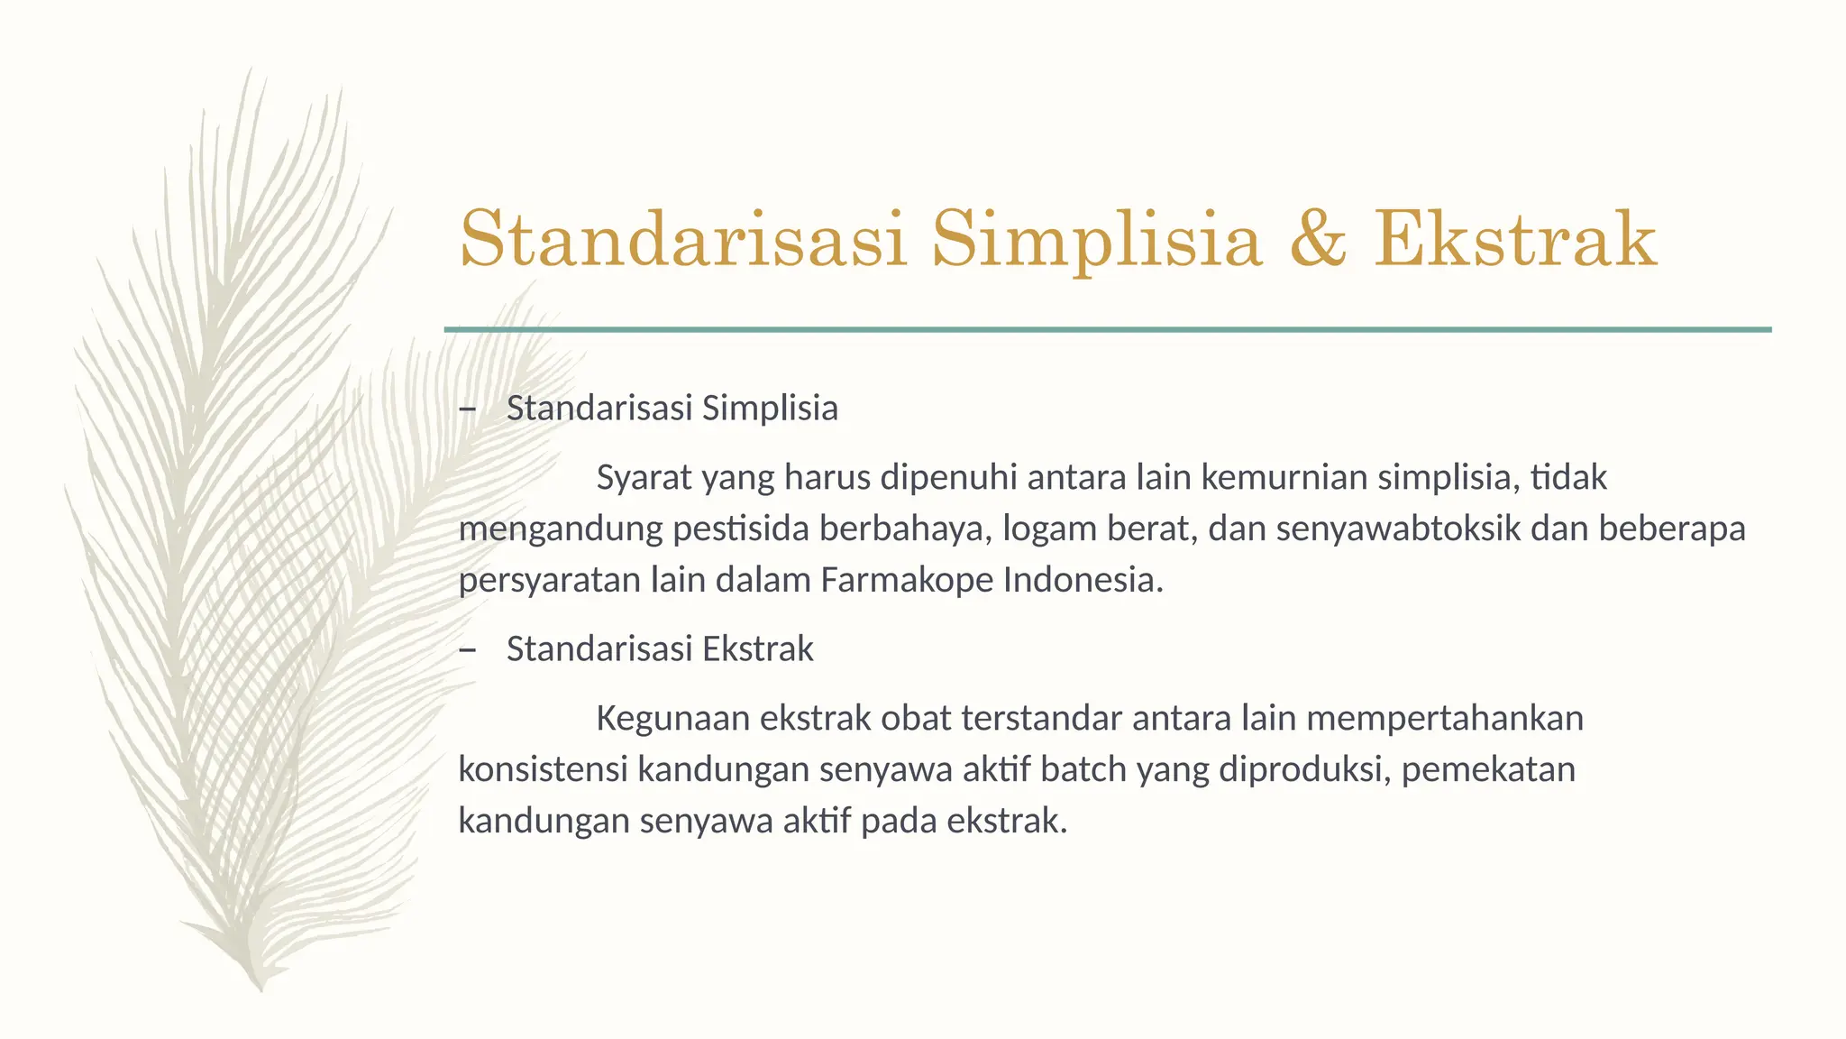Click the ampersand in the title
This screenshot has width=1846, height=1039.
pyautogui.click(x=1318, y=239)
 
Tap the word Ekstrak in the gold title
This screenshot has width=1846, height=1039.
pyautogui.click(x=1515, y=239)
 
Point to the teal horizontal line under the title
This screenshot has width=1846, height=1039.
pyautogui.click(x=1107, y=330)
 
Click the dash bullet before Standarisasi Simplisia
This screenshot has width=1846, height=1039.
pyautogui.click(x=467, y=409)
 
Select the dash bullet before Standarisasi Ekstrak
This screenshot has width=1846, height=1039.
pyautogui.click(x=467, y=650)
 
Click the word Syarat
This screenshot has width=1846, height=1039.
pyautogui.click(x=644, y=478)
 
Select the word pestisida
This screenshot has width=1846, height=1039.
pyautogui.click(x=741, y=529)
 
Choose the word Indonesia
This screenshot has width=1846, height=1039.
pyautogui.click(x=1083, y=580)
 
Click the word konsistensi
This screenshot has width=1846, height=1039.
pyautogui.click(x=543, y=770)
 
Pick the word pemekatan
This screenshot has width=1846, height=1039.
pyautogui.click(x=1487, y=770)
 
